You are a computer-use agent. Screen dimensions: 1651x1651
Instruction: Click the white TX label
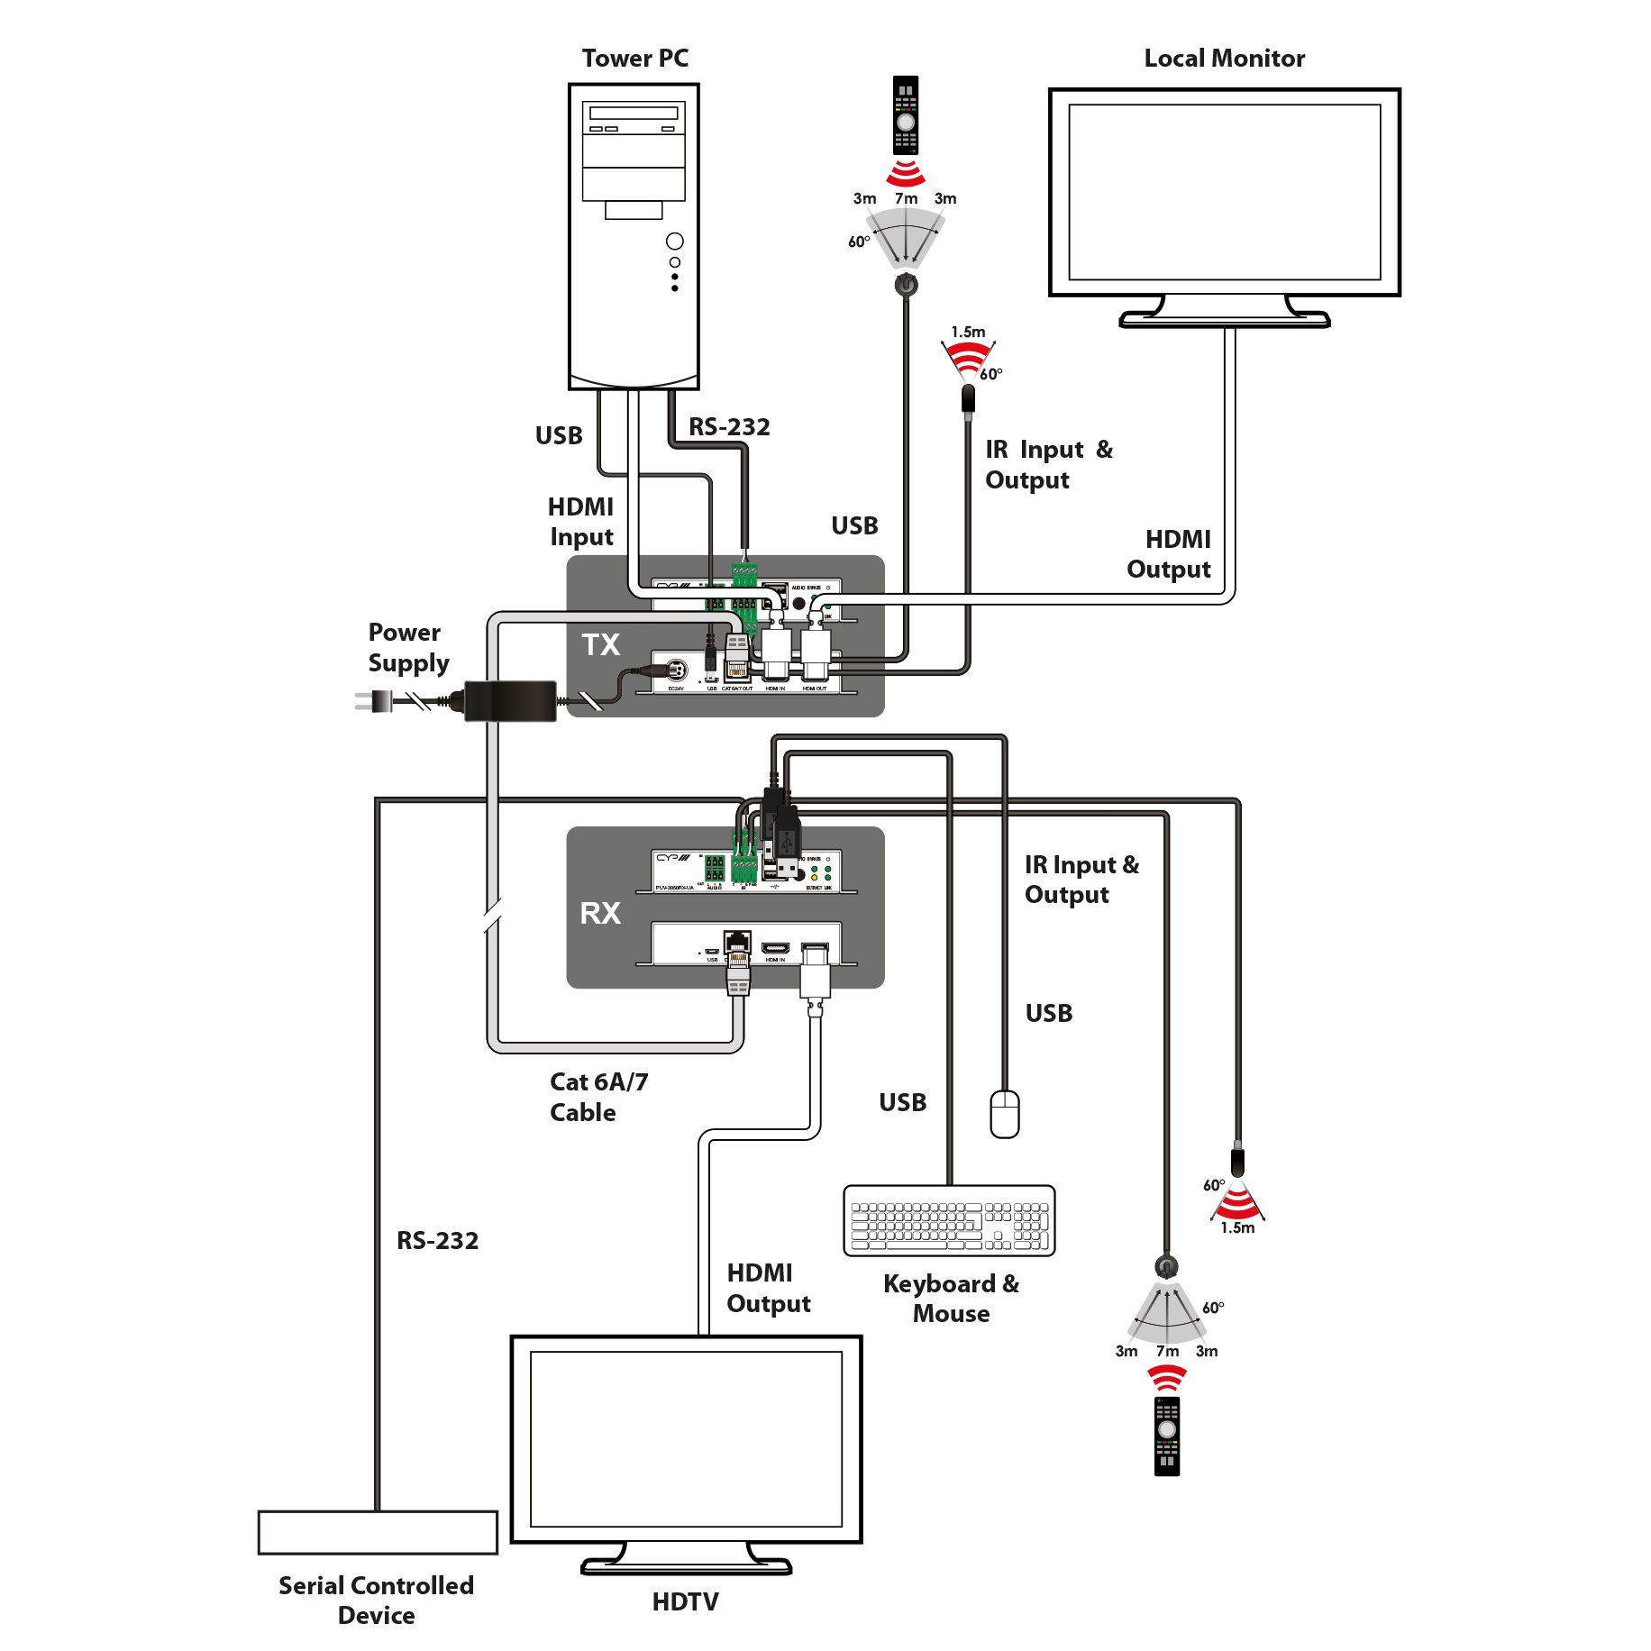tap(600, 644)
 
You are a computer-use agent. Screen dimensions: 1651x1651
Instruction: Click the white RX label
tap(600, 913)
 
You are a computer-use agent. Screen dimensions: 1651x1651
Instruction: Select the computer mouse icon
tap(1004, 1114)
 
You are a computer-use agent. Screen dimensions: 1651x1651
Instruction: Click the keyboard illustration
tap(949, 1220)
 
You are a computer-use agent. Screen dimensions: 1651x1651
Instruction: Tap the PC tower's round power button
tap(674, 242)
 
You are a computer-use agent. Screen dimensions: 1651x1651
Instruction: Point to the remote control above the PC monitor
tap(906, 116)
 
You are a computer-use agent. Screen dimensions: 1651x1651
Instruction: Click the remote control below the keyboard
tap(1167, 1432)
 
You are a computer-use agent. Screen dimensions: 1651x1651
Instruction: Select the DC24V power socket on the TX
tap(676, 670)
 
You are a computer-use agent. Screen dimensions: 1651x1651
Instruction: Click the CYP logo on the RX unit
tap(672, 859)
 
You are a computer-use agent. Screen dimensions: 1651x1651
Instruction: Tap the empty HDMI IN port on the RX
tap(775, 948)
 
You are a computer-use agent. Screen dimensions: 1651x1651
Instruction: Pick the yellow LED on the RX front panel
tap(814, 877)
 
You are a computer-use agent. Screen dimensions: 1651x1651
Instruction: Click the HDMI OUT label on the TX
tap(815, 689)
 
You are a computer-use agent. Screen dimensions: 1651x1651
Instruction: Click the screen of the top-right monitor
tap(1224, 192)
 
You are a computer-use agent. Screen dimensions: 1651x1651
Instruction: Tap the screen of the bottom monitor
tap(686, 1438)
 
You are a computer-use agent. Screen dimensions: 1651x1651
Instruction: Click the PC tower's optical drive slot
tap(634, 114)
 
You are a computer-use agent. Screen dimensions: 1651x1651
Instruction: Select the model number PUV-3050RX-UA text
tap(675, 889)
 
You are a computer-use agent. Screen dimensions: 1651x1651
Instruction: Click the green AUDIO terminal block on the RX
tap(715, 869)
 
